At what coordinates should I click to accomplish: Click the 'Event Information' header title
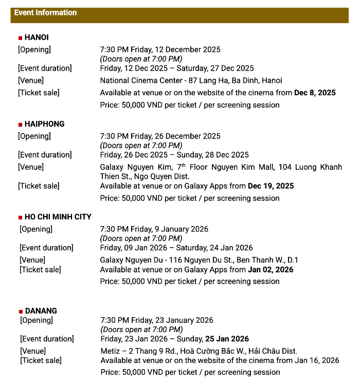[45, 12]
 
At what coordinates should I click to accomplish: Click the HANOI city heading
[37, 38]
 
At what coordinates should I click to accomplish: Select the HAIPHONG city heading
[44, 124]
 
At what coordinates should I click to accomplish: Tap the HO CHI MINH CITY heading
[58, 217]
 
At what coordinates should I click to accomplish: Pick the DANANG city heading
[41, 311]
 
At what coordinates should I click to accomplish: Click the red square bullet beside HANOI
[20, 38]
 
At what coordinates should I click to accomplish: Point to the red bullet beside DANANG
[21, 311]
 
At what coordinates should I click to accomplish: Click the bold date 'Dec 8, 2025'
[315, 93]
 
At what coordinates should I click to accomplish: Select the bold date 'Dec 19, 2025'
[271, 186]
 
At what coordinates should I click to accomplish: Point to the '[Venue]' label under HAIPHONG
[31, 167]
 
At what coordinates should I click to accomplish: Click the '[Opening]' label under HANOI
[34, 49]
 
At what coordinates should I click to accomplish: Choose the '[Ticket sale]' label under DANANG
[41, 360]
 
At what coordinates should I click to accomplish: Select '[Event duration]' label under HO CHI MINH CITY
[46, 248]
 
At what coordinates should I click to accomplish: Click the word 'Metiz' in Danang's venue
[111, 351]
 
